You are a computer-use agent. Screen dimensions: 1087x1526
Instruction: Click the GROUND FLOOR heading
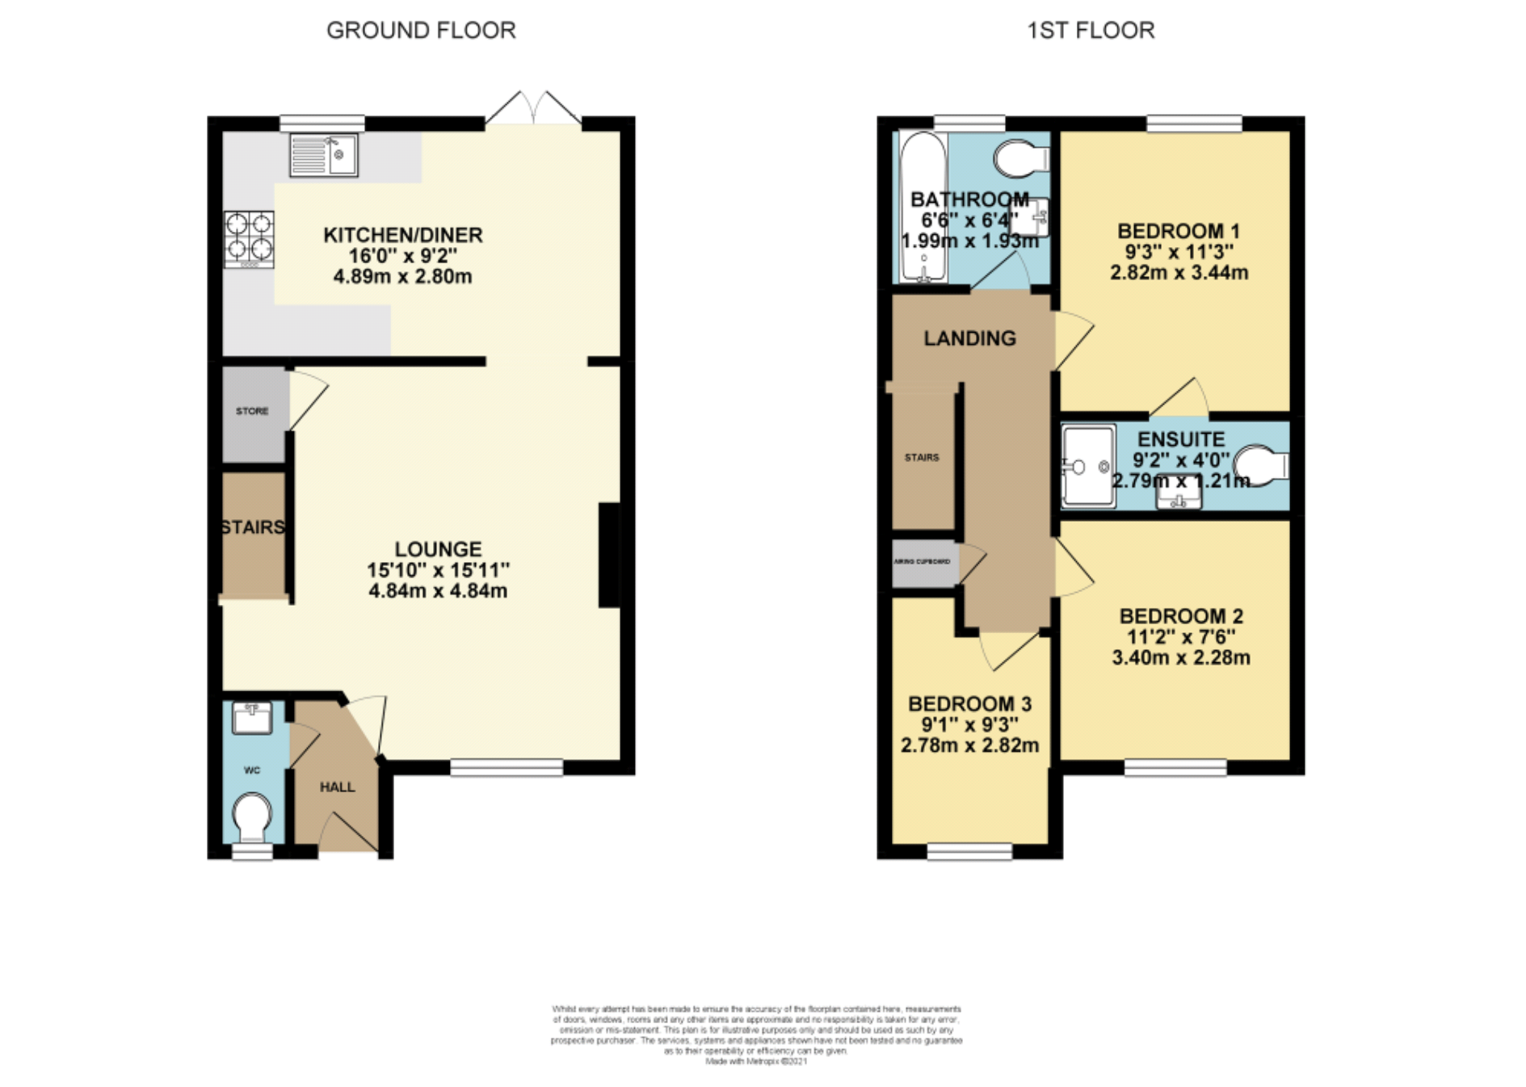pyautogui.click(x=420, y=31)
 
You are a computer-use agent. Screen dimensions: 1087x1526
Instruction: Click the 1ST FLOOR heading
pyautogui.click(x=1090, y=31)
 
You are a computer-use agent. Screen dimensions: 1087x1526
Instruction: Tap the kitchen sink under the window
pyautogui.click(x=324, y=155)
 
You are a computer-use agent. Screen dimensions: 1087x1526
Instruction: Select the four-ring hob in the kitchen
pyautogui.click(x=249, y=239)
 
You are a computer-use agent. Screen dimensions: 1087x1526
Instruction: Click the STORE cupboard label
pyautogui.click(x=252, y=411)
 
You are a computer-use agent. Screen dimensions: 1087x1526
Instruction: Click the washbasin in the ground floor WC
pyautogui.click(x=252, y=717)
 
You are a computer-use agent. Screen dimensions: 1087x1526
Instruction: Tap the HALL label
pyautogui.click(x=337, y=787)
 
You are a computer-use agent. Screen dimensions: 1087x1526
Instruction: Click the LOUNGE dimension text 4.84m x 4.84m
pyautogui.click(x=438, y=591)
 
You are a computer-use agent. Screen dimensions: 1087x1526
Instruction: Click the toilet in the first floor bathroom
pyautogui.click(x=1019, y=159)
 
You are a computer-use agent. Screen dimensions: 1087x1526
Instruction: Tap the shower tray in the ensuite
pyautogui.click(x=1087, y=466)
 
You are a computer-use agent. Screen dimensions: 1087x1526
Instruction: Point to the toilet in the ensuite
pyautogui.click(x=1263, y=466)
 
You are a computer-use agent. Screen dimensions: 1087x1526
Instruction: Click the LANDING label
pyautogui.click(x=969, y=338)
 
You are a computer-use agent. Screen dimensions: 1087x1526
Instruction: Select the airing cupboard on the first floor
pyautogui.click(x=923, y=561)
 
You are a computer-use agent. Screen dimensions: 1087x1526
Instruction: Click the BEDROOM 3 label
pyautogui.click(x=969, y=704)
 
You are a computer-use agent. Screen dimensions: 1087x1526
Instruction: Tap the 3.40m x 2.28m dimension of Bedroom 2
pyautogui.click(x=1180, y=658)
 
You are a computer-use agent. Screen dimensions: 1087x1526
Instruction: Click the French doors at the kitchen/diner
pyautogui.click(x=533, y=109)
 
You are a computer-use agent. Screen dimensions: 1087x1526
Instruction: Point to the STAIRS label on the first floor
pyautogui.click(x=922, y=457)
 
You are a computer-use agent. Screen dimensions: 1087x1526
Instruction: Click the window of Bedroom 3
pyautogui.click(x=969, y=850)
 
